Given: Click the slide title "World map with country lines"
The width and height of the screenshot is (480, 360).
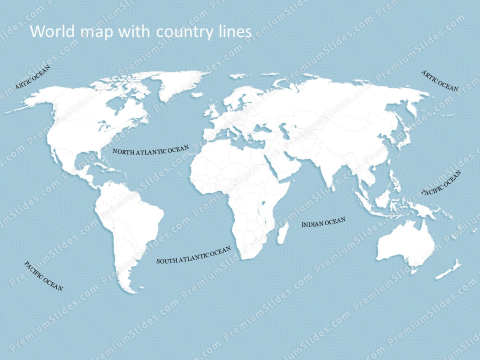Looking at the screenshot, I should [140, 31].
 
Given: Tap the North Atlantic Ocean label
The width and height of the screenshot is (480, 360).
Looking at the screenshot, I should [150, 150].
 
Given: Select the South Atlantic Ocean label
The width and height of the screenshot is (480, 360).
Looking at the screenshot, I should [193, 254].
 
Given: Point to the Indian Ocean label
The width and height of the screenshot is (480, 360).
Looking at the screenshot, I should [323, 222].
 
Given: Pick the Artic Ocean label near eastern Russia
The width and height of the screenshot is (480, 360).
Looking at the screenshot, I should [439, 80].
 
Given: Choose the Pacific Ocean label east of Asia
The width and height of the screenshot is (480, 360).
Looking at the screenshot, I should [441, 183].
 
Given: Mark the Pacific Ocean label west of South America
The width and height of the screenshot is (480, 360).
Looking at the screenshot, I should [43, 276].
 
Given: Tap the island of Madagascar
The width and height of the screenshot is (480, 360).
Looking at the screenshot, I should [283, 233].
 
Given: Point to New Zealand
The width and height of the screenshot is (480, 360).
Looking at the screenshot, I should [448, 270].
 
